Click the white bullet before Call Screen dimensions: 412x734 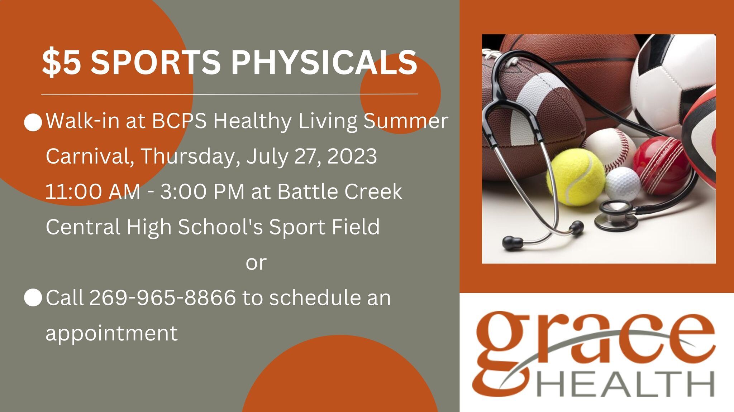pos(33,298)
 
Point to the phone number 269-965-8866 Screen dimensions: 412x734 pos(162,298)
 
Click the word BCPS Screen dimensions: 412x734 pos(180,121)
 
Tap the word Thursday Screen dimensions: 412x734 pos(190,156)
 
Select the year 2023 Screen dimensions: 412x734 pos(352,156)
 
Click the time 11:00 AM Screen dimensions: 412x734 pos(92,192)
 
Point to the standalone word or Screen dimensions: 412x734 pos(256,262)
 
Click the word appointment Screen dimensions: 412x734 pos(111,333)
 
